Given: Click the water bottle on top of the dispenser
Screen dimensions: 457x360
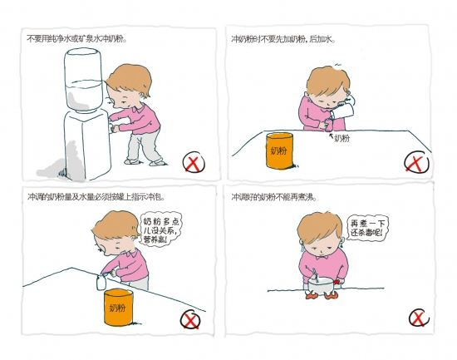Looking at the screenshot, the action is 84,79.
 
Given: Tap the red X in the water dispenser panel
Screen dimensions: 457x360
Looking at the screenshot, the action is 194,162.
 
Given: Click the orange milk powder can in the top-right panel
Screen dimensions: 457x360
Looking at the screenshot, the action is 279,150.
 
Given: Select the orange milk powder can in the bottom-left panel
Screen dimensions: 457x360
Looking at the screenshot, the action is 118,307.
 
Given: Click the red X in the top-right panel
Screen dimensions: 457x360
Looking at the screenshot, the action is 417,162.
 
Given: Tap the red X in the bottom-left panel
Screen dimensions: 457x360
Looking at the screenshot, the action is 190,320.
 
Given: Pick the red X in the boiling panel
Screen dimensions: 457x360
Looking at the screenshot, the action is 419,318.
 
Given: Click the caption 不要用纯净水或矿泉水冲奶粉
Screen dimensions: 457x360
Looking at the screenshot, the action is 76,39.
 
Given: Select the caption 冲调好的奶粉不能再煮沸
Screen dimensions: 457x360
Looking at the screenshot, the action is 274,197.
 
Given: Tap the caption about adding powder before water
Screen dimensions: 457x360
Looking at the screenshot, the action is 283,39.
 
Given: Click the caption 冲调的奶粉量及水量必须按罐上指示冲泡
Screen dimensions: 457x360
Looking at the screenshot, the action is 96,197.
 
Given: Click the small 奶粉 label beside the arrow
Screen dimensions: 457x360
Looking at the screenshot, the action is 342,138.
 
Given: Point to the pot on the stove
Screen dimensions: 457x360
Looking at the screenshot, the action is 321,284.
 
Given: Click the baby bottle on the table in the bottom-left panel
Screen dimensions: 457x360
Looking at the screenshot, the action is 101,283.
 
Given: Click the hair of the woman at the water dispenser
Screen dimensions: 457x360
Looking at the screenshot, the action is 130,79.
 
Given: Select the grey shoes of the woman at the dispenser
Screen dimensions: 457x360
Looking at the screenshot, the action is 145,162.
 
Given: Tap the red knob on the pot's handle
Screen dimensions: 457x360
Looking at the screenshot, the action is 337,282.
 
